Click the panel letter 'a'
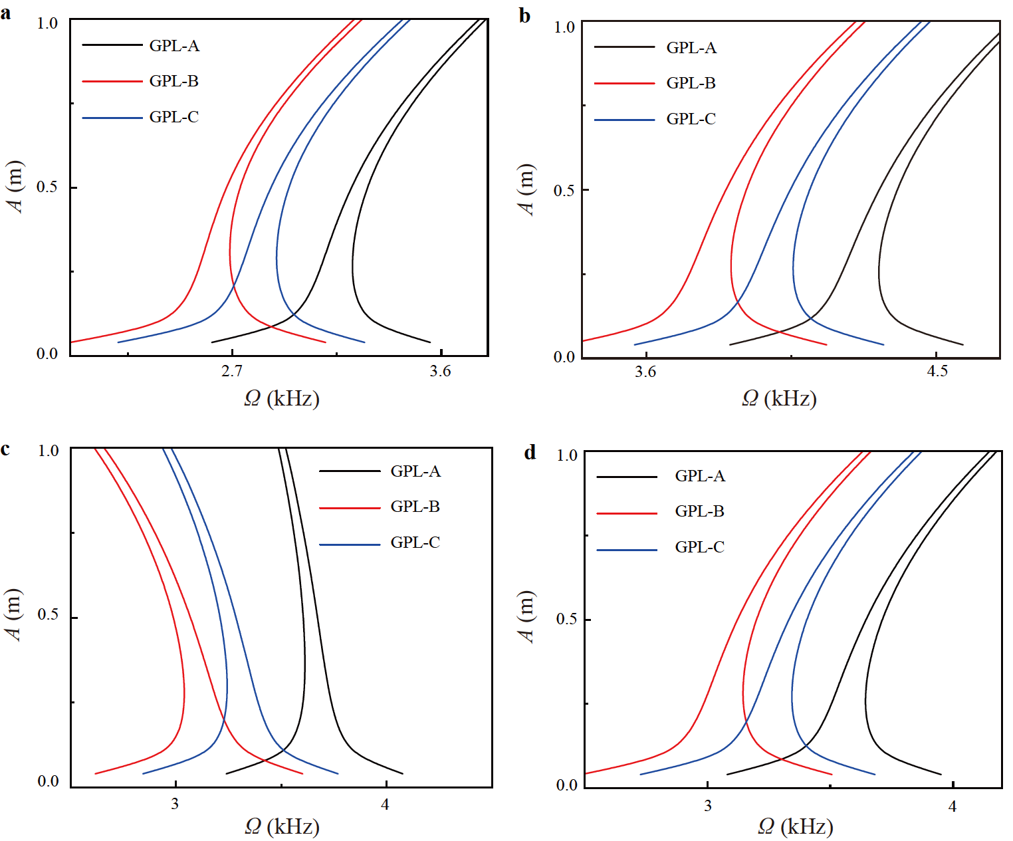pyautogui.click(x=5, y=13)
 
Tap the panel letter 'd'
pyautogui.click(x=530, y=453)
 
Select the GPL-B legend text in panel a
pyautogui.click(x=173, y=81)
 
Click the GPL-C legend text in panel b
pyautogui.click(x=691, y=119)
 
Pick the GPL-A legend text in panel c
pyautogui.click(x=415, y=471)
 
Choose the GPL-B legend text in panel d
pyautogui.click(x=699, y=511)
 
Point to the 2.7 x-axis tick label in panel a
pyautogui.click(x=231, y=372)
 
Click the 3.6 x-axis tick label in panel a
pyautogui.click(x=440, y=372)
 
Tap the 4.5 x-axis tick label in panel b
pyautogui.click(x=937, y=372)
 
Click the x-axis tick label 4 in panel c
pyautogui.click(x=385, y=804)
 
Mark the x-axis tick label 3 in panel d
pyautogui.click(x=707, y=806)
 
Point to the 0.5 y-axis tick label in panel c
pyautogui.click(x=48, y=614)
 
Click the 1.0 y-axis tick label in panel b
pyautogui.click(x=564, y=27)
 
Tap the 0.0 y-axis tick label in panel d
pyautogui.click(x=566, y=785)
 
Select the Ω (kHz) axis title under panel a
pyautogui.click(x=282, y=398)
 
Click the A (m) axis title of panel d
pyautogui.click(x=526, y=617)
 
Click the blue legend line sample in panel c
pyautogui.click(x=350, y=544)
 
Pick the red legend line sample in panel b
pyautogui.click(x=624, y=84)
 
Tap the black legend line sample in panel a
pyautogui.click(x=112, y=46)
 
